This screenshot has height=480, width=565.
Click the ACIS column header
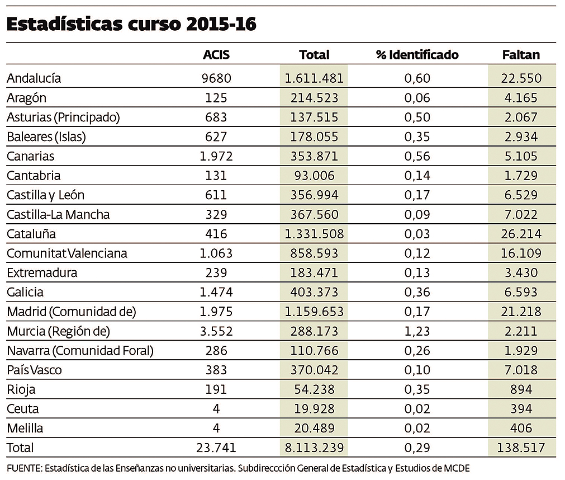pyautogui.click(x=216, y=55)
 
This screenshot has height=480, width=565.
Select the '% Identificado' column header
pyautogui.click(x=417, y=55)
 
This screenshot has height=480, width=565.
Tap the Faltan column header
pyautogui.click(x=521, y=55)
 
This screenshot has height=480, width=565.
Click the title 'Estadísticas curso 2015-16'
pyautogui.click(x=132, y=25)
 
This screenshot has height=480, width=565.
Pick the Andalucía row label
pyautogui.click(x=34, y=78)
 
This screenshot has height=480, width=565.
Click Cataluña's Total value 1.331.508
pyautogui.click(x=314, y=234)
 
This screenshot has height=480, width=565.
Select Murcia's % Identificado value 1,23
pyautogui.click(x=417, y=331)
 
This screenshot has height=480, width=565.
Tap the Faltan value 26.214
pyautogui.click(x=521, y=234)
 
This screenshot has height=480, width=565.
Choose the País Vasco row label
pyautogui.click(x=34, y=370)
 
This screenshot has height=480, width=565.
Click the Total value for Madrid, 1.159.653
pyautogui.click(x=314, y=312)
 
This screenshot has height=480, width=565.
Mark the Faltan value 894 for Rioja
pyautogui.click(x=521, y=389)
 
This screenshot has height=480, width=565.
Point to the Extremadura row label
pyautogui.click(x=42, y=273)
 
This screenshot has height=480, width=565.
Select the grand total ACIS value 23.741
pyautogui.click(x=216, y=448)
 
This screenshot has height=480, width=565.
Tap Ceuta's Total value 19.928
pyautogui.click(x=314, y=409)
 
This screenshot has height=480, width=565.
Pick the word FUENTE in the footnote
pyautogui.click(x=23, y=467)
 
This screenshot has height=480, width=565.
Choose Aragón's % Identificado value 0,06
pyautogui.click(x=417, y=98)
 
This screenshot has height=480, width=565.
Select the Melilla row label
pyautogui.click(x=25, y=429)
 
